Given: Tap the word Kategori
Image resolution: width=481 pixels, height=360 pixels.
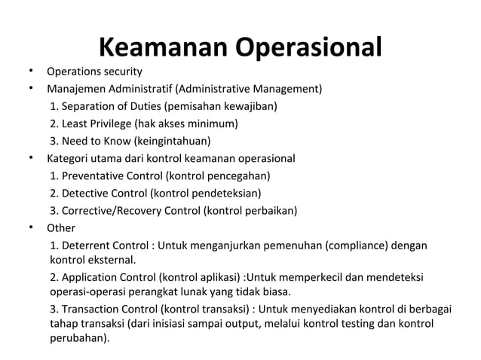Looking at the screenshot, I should pyautogui.click(x=68, y=159).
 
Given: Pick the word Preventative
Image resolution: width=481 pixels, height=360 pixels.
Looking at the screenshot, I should pyautogui.click(x=94, y=176).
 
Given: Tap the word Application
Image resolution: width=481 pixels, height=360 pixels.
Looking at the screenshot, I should pyautogui.click(x=90, y=276).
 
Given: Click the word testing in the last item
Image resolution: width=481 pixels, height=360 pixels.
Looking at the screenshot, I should pyautogui.click(x=361, y=323).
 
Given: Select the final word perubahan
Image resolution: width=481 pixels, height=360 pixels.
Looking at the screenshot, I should pyautogui.click(x=78, y=338).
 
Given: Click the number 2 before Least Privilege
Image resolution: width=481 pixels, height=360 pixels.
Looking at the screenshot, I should pyautogui.click(x=53, y=124).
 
